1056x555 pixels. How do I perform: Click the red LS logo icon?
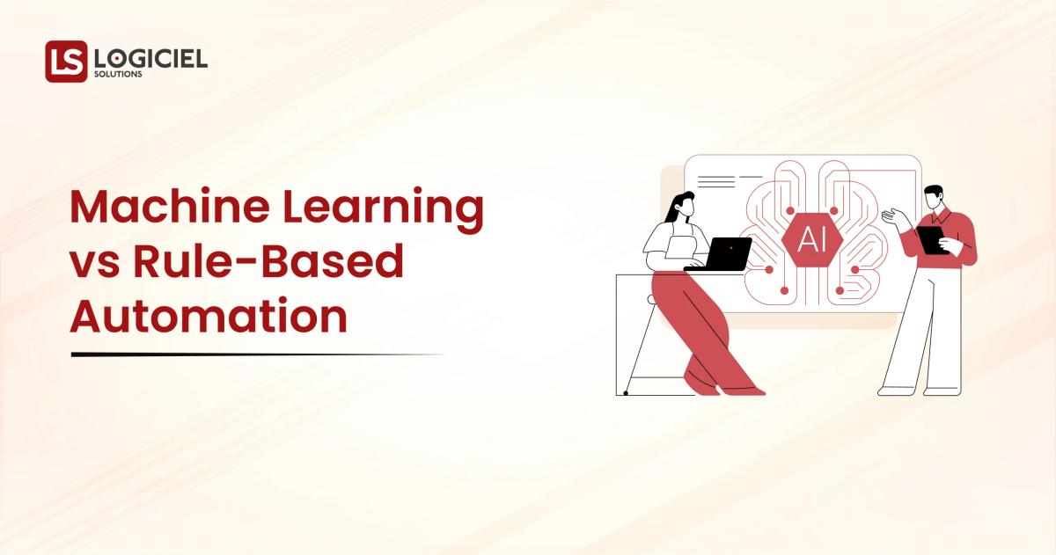pyautogui.click(x=66, y=62)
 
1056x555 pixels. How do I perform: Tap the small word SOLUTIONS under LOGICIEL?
pyautogui.click(x=118, y=75)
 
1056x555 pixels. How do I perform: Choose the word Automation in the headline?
pyautogui.click(x=209, y=315)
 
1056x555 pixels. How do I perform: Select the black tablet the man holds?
pyautogui.click(x=930, y=240)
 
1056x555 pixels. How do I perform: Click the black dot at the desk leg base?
pyautogui.click(x=625, y=392)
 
